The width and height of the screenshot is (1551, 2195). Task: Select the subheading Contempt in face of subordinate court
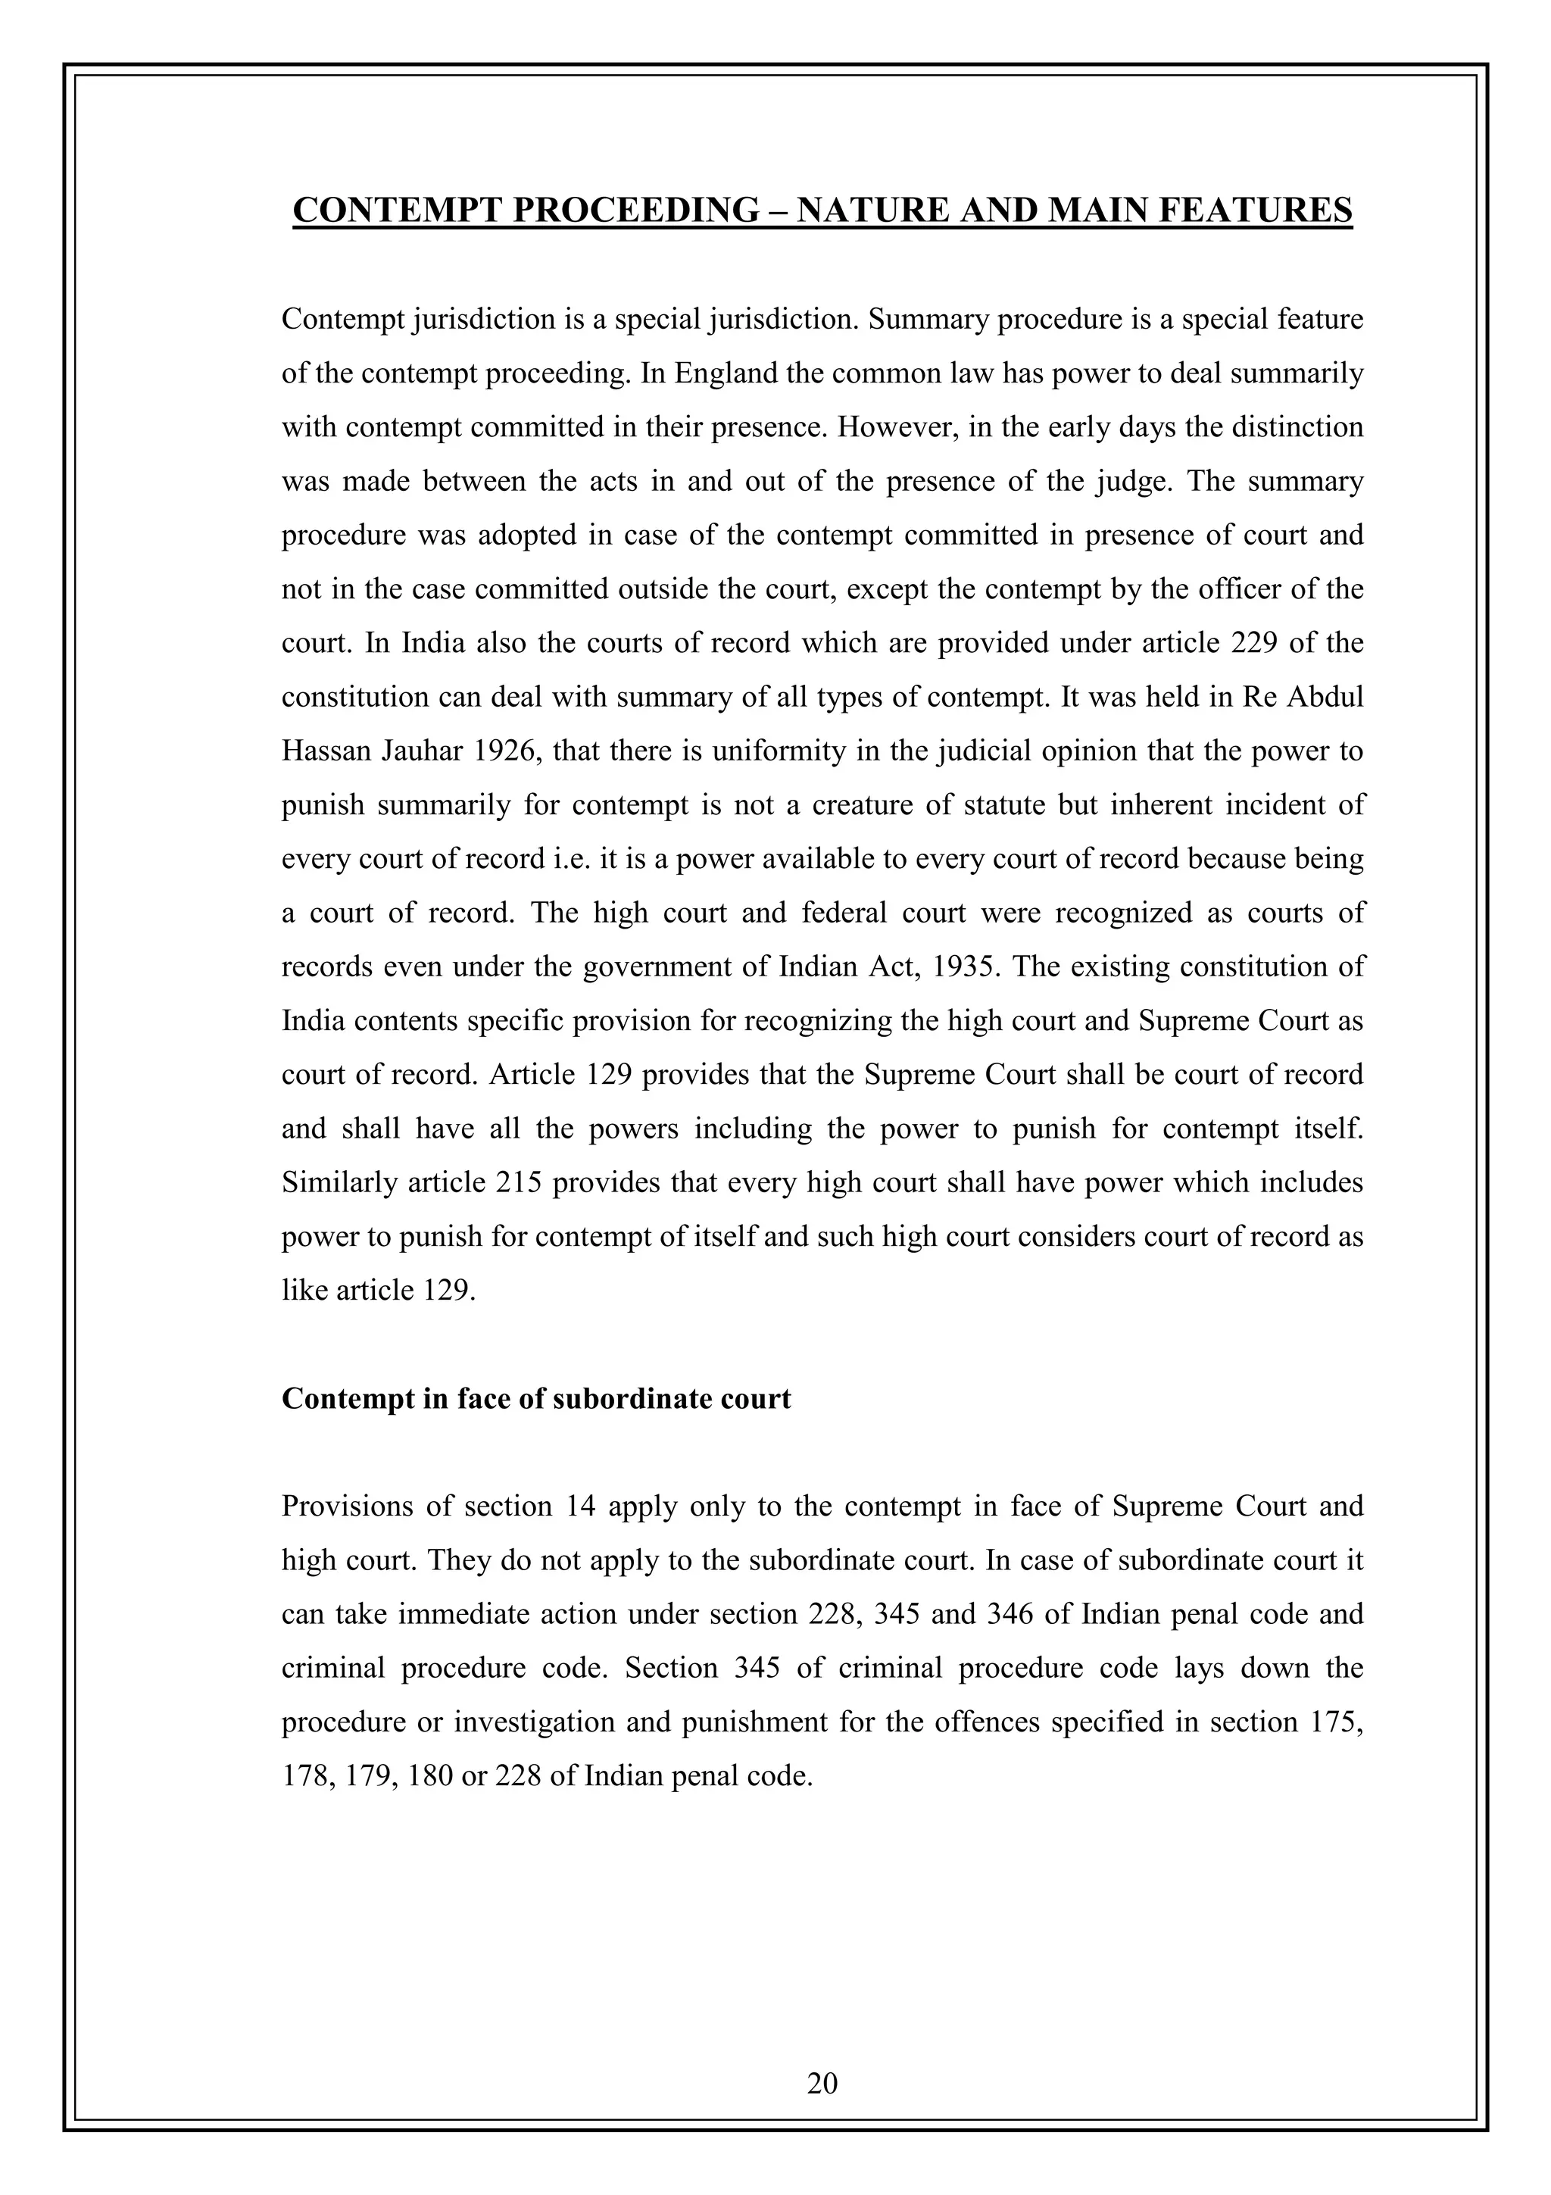[536, 1399]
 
